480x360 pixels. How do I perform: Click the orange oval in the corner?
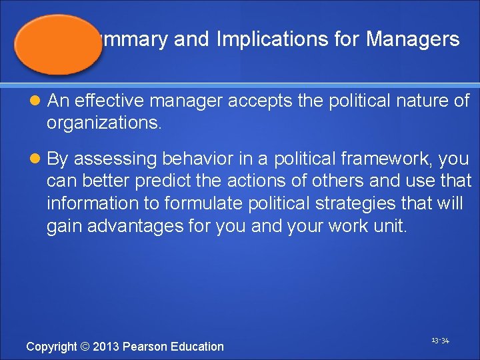tap(59, 43)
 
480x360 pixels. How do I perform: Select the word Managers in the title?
tap(413, 39)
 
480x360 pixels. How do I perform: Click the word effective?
tap(107, 101)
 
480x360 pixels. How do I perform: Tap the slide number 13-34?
tap(440, 341)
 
